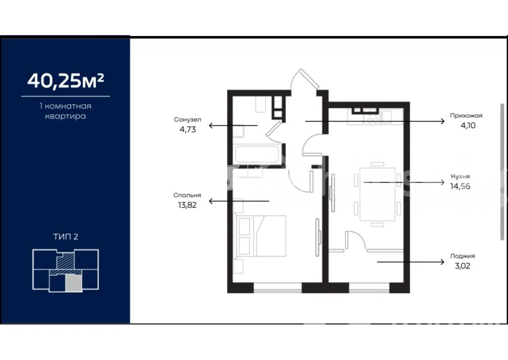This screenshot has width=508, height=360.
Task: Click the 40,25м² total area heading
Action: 66,81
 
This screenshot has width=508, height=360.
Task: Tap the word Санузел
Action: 188,119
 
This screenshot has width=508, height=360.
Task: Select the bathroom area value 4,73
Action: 188,130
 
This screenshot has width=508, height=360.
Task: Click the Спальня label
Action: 187,195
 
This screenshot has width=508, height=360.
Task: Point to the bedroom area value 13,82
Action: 187,205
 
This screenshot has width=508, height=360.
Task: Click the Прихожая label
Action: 466,116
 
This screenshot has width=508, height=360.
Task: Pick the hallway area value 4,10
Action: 468,125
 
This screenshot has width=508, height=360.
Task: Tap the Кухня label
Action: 460,177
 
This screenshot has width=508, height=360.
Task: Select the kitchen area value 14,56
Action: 460,186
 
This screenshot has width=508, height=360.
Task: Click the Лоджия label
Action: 463,256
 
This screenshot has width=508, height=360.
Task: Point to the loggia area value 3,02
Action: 463,266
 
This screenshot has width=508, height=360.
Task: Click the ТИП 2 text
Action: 66,237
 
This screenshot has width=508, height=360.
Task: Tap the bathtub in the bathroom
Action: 257,155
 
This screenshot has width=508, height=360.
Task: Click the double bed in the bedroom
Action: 261,236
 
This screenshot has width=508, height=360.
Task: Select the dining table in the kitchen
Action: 377,194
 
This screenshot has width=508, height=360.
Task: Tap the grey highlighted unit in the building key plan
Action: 73,283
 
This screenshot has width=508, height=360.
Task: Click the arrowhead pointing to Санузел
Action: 211,125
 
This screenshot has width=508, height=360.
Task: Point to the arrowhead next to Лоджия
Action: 442,262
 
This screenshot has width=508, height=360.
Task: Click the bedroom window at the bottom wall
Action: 278,288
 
